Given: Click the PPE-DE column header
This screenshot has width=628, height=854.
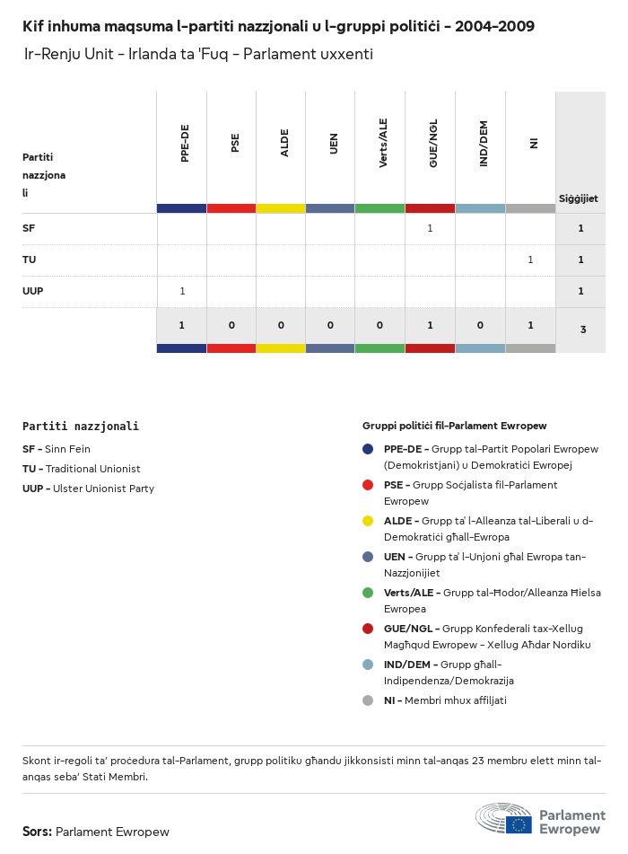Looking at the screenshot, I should point(184,144).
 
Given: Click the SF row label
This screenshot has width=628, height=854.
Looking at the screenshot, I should point(29,228).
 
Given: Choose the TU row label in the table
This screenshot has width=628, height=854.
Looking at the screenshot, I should point(29,260).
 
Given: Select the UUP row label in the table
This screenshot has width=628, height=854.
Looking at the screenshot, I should point(32,291).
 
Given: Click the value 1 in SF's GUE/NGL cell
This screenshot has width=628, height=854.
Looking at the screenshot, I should point(430,228).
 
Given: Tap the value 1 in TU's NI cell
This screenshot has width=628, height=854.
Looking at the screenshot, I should point(530,260).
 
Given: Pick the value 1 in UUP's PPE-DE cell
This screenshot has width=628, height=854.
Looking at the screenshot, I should point(182,291).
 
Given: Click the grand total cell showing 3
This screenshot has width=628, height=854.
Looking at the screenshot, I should point(582,330).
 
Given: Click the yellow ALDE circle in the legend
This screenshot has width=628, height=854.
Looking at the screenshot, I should point(368,521).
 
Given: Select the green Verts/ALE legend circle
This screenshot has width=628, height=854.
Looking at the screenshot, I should point(368,593).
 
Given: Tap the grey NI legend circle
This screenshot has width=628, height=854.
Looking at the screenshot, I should point(368,700).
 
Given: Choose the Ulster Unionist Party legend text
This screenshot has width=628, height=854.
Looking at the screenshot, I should point(103,489).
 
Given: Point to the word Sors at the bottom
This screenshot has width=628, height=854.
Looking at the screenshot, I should point(36,832).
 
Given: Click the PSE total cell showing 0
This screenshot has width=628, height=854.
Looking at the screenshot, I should point(231,325).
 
